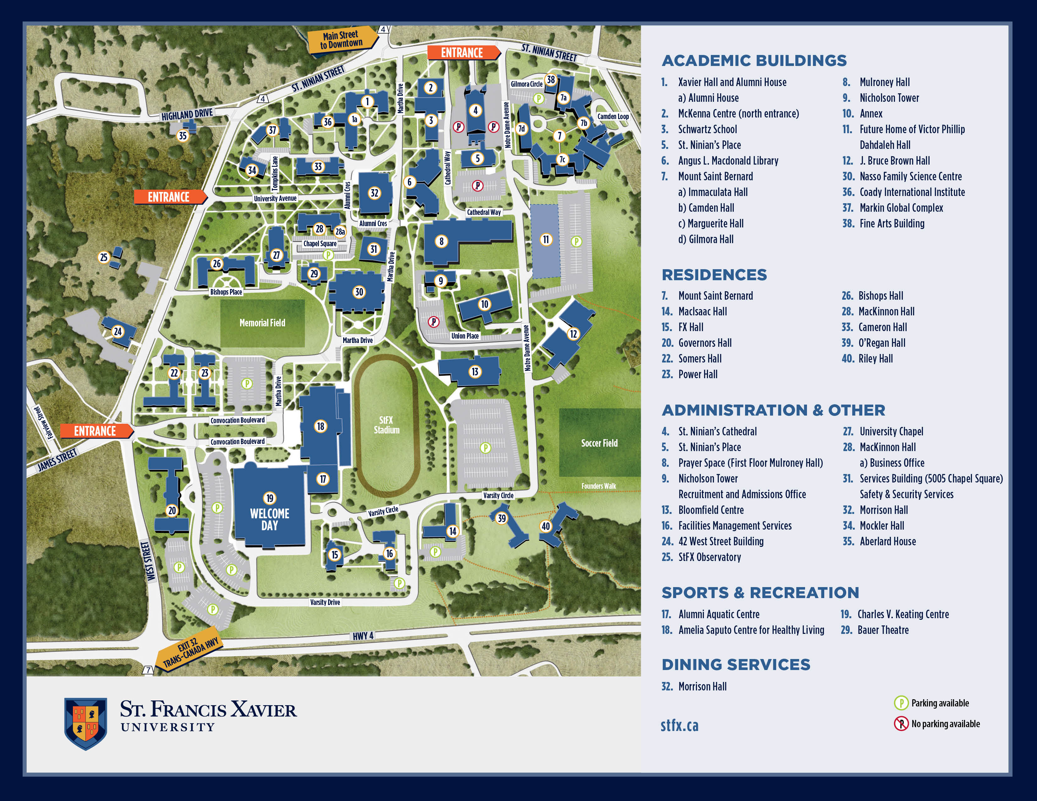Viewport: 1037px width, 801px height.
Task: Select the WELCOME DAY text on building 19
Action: pyautogui.click(x=270, y=520)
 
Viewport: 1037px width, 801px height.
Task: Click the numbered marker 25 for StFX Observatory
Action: pyautogui.click(x=103, y=257)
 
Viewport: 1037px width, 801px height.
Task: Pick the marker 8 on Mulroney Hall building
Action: pyautogui.click(x=442, y=241)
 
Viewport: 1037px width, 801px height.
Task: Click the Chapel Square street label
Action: pyautogui.click(x=320, y=244)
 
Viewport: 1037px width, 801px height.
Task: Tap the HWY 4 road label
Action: pyautogui.click(x=363, y=636)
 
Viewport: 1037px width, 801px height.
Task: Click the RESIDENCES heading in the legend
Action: pyautogui.click(x=714, y=275)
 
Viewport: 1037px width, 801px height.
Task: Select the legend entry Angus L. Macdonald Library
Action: pyautogui.click(x=728, y=161)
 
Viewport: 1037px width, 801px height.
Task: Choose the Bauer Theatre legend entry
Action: pyautogui.click(x=883, y=630)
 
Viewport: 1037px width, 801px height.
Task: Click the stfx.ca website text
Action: pyautogui.click(x=679, y=725)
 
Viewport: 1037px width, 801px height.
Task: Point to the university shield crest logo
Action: pyautogui.click(x=86, y=723)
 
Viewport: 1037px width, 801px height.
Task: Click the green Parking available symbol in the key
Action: pyautogui.click(x=901, y=703)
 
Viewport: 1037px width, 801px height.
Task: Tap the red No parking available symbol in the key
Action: pyautogui.click(x=901, y=724)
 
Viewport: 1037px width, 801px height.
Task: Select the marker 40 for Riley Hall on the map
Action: pyautogui.click(x=546, y=526)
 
